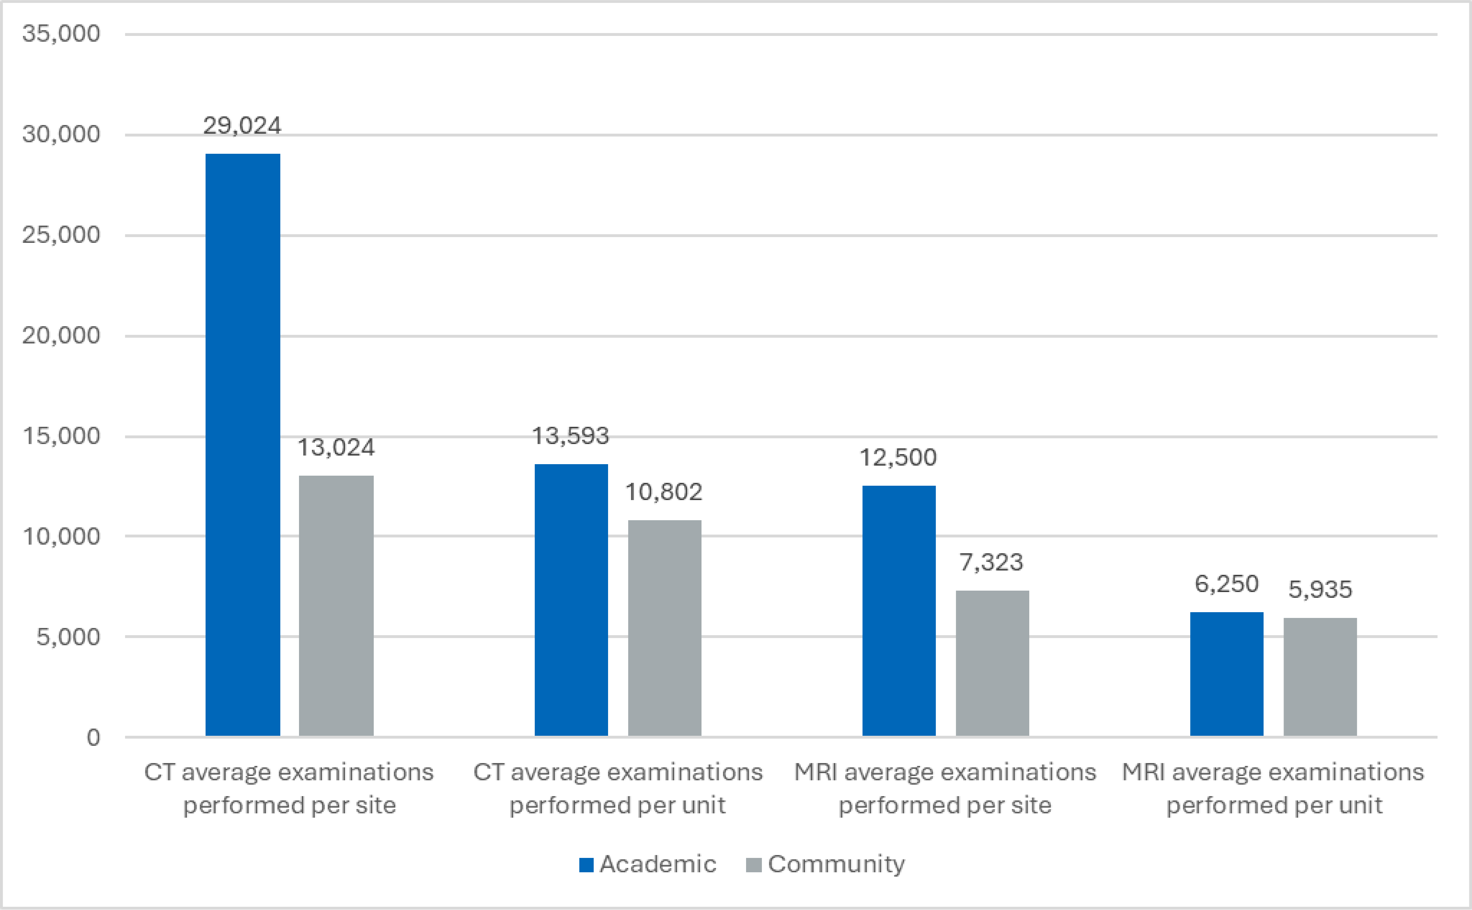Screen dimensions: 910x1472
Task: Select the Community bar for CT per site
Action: tap(336, 605)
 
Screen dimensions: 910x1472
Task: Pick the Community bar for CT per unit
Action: tap(664, 628)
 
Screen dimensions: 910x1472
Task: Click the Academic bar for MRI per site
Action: tap(899, 610)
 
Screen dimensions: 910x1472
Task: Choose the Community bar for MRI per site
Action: tap(992, 662)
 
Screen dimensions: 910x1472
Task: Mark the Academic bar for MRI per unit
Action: tap(1226, 674)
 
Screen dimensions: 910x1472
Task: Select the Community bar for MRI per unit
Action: tap(1320, 676)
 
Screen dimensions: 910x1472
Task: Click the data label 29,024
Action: tap(242, 126)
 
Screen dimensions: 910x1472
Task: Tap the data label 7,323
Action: tap(991, 562)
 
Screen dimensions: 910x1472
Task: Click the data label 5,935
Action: tap(1320, 589)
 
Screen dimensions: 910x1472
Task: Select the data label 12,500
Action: tap(898, 457)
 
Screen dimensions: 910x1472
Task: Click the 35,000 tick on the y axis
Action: tap(61, 34)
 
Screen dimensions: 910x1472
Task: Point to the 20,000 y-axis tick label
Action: tap(61, 335)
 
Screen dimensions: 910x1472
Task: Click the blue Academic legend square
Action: tap(586, 865)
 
